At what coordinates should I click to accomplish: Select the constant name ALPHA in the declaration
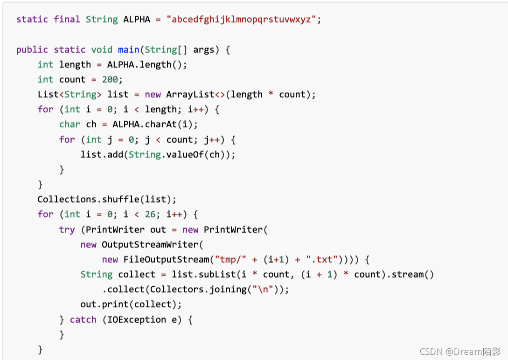pos(137,20)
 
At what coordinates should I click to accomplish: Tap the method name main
pos(129,49)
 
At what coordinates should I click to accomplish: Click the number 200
pos(110,80)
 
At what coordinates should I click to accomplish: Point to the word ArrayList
pos(190,95)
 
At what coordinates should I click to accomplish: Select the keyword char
pos(70,125)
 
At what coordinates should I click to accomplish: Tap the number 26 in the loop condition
pos(150,215)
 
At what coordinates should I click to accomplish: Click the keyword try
pos(67,230)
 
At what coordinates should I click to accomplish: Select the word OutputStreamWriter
pos(150,244)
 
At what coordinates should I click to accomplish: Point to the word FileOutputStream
pos(166,259)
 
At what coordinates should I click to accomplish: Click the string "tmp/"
pos(230,259)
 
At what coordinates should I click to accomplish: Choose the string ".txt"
pos(322,259)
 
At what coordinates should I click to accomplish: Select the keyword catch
pos(83,319)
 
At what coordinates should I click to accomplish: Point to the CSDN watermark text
pos(460,351)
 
